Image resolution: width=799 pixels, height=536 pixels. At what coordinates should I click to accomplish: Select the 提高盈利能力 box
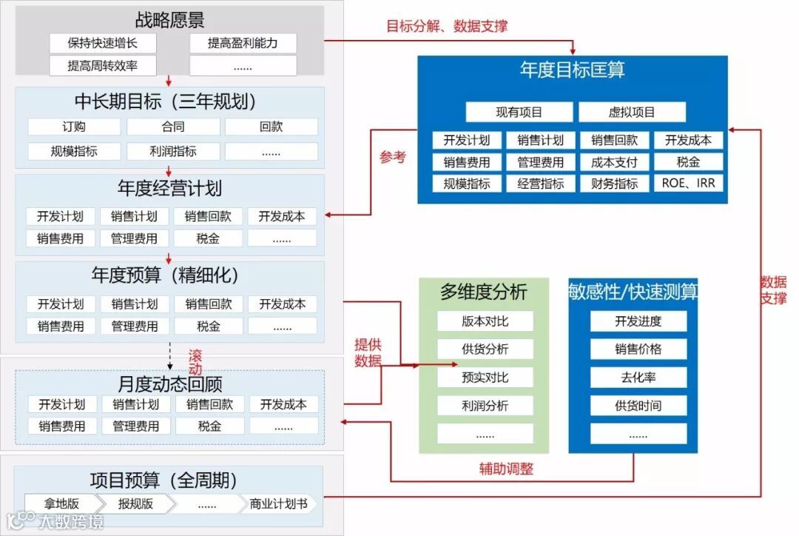click(x=243, y=43)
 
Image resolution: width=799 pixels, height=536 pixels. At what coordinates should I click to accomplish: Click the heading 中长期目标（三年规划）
click(x=169, y=101)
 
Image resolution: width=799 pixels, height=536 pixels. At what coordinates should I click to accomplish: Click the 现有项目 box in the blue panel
click(x=519, y=113)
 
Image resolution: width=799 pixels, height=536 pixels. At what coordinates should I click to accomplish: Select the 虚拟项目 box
click(x=632, y=113)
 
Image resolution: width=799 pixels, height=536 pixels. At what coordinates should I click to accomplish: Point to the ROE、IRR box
click(x=688, y=183)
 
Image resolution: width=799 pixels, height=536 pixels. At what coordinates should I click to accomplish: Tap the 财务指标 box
click(x=614, y=183)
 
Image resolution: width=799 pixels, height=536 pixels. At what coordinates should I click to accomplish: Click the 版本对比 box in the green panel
click(x=485, y=321)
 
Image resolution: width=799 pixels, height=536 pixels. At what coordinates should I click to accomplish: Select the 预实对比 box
click(x=485, y=378)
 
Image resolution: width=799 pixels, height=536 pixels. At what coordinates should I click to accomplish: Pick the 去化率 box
click(x=638, y=378)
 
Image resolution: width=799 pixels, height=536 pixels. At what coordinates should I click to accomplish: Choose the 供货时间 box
click(x=638, y=406)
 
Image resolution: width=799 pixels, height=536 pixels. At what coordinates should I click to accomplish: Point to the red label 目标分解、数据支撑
click(x=447, y=26)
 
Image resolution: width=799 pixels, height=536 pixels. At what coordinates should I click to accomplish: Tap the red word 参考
click(x=393, y=157)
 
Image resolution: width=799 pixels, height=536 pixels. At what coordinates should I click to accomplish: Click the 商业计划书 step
click(x=278, y=503)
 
